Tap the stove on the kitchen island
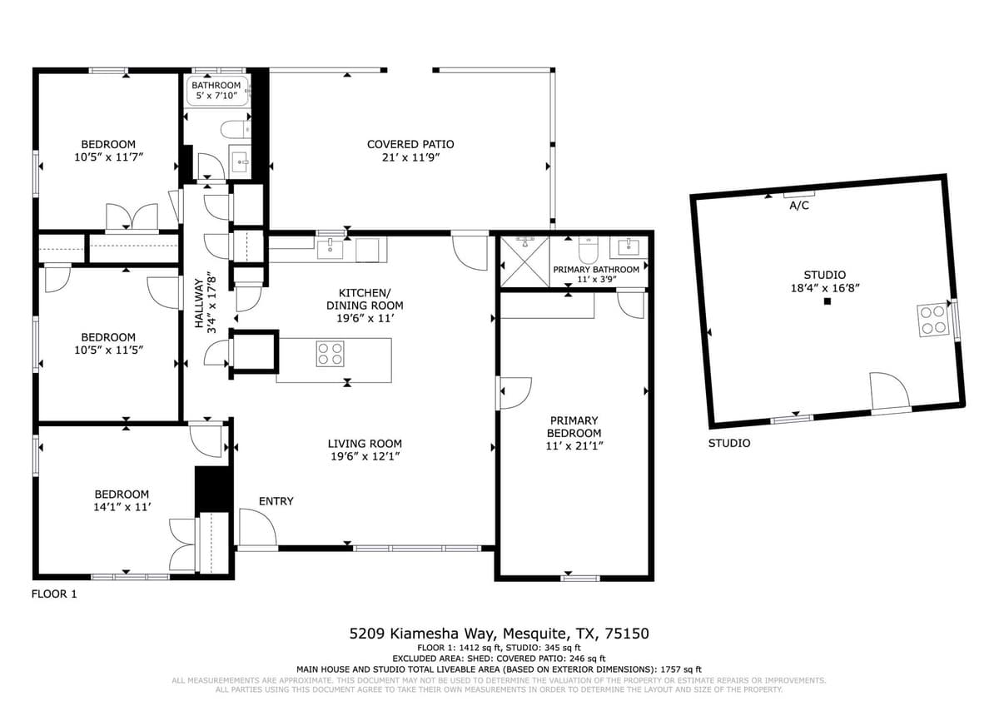(330, 354)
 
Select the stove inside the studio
(933, 320)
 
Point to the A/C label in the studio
(798, 206)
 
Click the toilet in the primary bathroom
(589, 251)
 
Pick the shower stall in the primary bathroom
(525, 261)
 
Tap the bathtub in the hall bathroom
(217, 91)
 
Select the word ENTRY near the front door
(276, 501)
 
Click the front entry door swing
(257, 527)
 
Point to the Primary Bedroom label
(574, 427)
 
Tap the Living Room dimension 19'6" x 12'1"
(365, 456)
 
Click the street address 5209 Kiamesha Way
(422, 634)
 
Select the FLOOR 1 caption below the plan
(54, 594)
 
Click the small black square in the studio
(828, 301)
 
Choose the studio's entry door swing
(890, 390)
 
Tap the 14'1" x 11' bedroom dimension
(122, 507)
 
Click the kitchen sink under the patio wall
(330, 249)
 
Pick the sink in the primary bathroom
(629, 246)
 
